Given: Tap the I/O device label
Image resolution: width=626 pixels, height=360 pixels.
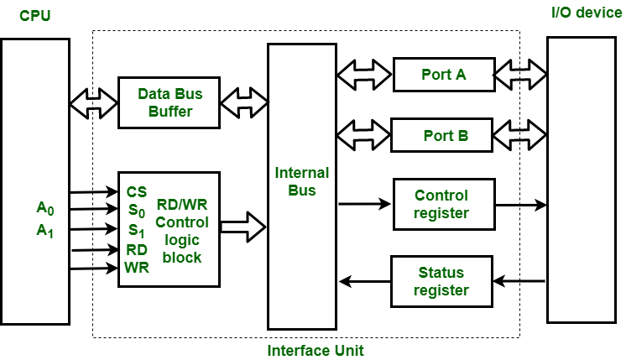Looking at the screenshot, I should coord(587,13).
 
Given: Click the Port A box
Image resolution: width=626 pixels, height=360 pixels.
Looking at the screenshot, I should coord(443,75).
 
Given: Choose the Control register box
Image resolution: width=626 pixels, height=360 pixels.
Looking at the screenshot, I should coord(441,205).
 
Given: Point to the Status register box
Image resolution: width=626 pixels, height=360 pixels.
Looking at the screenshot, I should coord(441,281).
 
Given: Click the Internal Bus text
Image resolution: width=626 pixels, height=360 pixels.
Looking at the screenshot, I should coord(302,182).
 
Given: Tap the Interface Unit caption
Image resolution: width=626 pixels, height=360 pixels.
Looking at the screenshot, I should coord(315,349).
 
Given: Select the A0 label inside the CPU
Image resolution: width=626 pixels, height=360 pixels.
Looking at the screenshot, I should coord(44,208).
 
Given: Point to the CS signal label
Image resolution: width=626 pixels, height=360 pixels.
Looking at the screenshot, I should coord(137,192).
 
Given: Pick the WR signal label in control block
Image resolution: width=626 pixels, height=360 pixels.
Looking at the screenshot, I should coord(137,268).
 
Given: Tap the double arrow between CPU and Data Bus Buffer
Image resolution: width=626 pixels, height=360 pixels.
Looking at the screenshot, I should coord(94,102).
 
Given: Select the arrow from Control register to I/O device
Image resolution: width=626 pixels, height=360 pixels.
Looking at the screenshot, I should coord(520,204).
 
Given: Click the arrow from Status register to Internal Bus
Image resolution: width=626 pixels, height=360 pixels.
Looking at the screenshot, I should coord(364,281).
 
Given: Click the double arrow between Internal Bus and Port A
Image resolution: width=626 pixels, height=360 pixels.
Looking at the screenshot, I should coord(364,75).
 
